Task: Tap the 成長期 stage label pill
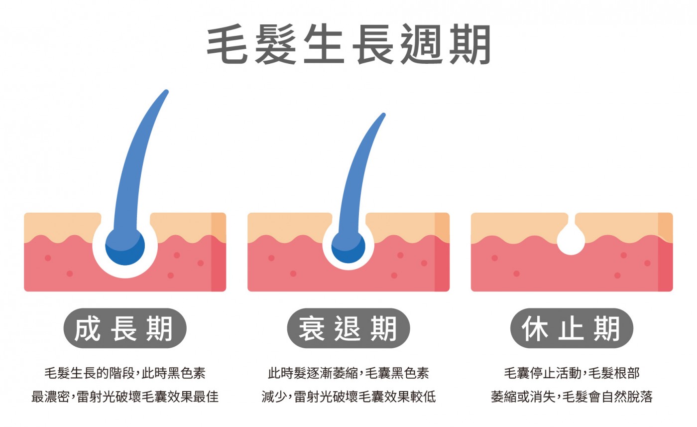(124, 328)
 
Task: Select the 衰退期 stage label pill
(348, 328)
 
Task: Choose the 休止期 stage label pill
(572, 328)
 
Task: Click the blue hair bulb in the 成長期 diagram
(125, 246)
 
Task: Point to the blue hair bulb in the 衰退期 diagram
(348, 246)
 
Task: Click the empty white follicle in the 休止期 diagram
(571, 241)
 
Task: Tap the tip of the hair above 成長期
(166, 92)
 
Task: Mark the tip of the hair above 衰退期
(383, 115)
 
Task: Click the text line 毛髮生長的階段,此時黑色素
(124, 373)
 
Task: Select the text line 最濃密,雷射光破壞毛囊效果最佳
(124, 397)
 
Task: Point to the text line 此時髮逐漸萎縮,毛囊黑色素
(348, 373)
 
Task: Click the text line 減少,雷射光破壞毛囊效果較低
(348, 397)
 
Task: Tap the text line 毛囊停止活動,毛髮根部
(572, 373)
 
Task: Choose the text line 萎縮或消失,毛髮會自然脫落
(572, 397)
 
